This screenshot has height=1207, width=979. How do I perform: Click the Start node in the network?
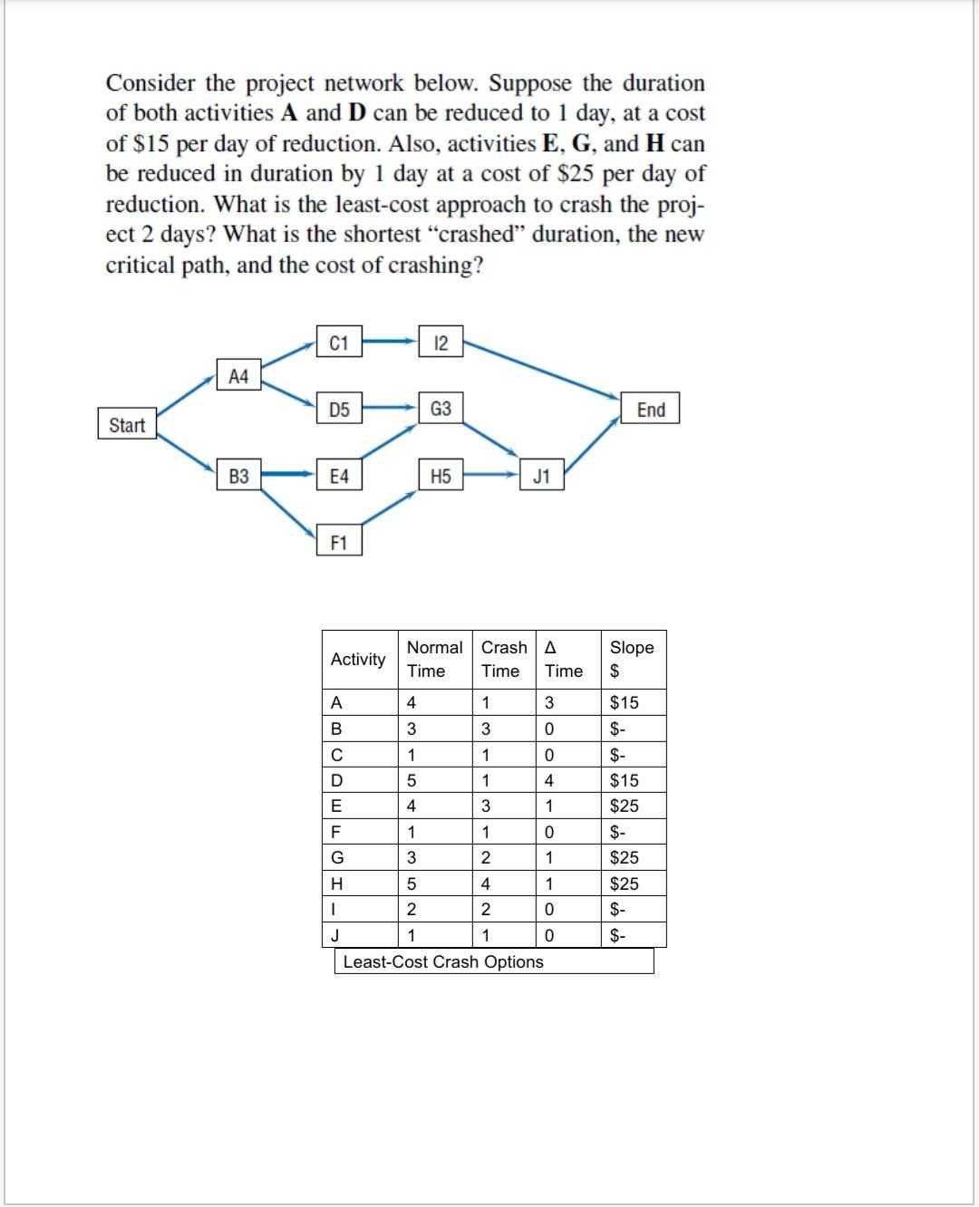tap(127, 424)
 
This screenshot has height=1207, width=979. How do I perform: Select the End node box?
tap(650, 409)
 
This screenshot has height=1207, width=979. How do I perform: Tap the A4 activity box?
tap(238, 375)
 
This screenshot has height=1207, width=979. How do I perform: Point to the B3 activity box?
tap(238, 475)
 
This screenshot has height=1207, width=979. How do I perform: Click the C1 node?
tap(339, 343)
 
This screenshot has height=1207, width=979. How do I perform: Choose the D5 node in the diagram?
tap(339, 409)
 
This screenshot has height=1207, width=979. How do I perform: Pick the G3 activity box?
tap(441, 409)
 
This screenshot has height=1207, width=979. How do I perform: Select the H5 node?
tap(441, 475)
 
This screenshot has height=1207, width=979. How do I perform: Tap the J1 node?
tap(541, 475)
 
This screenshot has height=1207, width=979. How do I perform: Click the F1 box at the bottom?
tap(339, 542)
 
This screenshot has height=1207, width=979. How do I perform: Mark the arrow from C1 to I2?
tap(390, 343)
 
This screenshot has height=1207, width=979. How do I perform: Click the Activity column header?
tap(358, 659)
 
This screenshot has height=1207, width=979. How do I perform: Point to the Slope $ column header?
tap(632, 659)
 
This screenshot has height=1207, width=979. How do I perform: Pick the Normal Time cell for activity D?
tap(412, 780)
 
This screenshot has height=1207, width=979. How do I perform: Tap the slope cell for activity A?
tap(624, 702)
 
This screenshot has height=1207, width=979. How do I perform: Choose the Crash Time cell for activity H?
tap(486, 884)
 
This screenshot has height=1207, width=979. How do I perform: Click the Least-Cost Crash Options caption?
tap(443, 961)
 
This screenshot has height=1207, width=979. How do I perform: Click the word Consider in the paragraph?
tap(150, 83)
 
